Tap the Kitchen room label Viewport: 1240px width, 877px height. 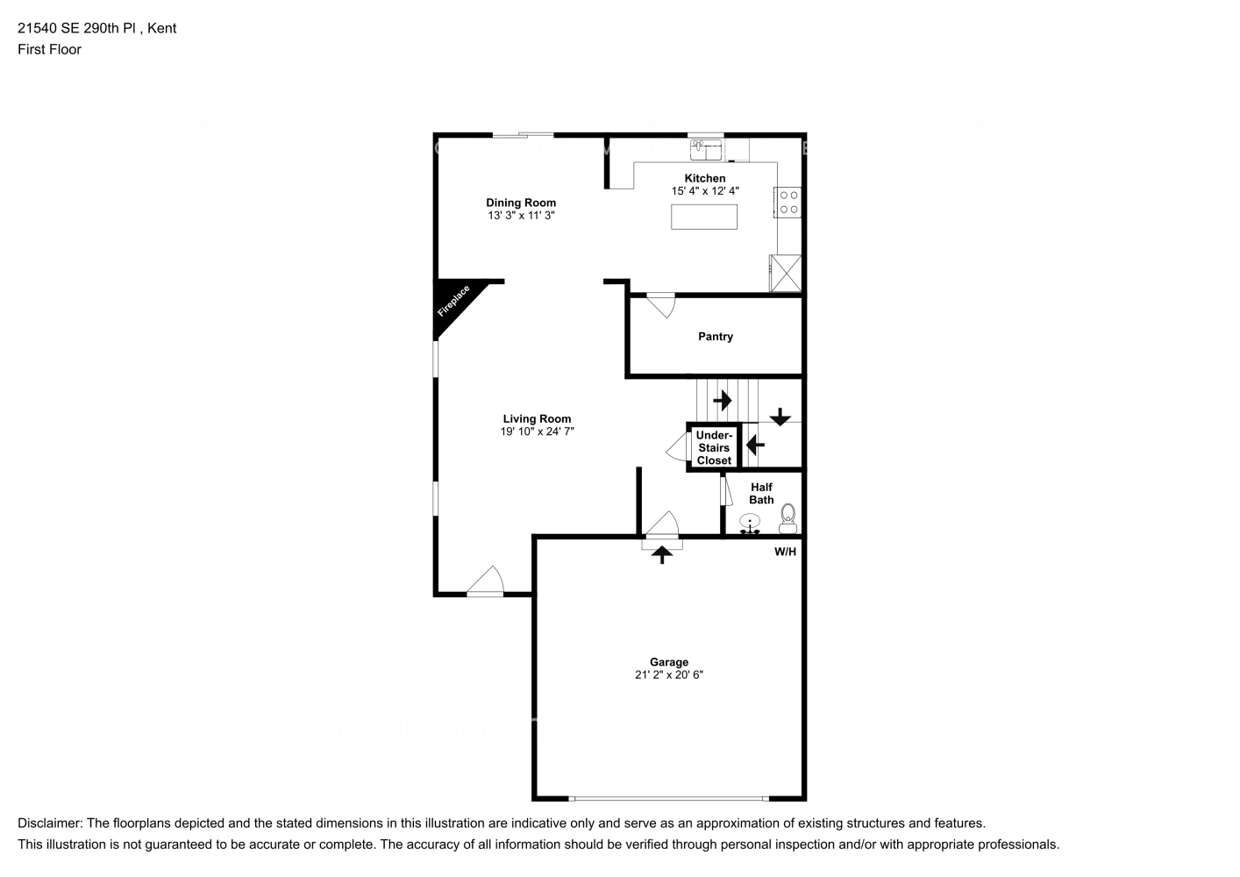coord(705,178)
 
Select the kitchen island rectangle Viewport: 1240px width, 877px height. coord(703,217)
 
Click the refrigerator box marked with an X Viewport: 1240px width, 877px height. coord(785,273)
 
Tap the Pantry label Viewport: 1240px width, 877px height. coord(716,337)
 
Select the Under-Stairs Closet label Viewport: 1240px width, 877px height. coord(714,447)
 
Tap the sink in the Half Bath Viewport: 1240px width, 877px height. coord(750,525)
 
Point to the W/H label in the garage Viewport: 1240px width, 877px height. coord(785,552)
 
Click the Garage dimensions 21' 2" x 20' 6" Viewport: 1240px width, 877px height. coord(669,675)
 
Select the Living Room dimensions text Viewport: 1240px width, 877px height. coord(537,431)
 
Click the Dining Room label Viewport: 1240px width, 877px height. coord(521,203)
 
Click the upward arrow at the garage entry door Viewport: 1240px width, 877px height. coord(662,554)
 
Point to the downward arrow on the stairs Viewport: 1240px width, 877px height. coord(780,417)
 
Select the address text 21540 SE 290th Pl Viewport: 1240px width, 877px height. coord(79,28)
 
